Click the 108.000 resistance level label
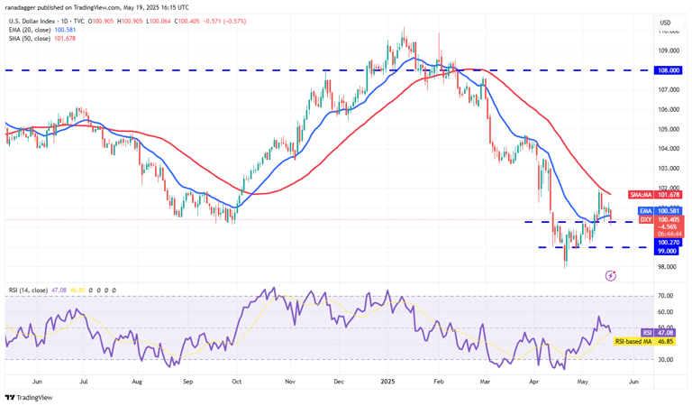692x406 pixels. pos(668,69)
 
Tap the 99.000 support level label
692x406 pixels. pos(668,252)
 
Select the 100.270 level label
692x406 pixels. pos(668,242)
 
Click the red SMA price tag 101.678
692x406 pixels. pos(668,194)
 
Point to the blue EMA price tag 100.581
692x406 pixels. pos(668,211)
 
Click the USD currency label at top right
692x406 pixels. pos(665,23)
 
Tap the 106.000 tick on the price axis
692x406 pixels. pos(668,109)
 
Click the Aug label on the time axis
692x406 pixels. pos(137,382)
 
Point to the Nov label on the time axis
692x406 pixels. pos(291,382)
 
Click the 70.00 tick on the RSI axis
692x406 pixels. pos(666,296)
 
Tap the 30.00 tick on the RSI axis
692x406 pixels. pos(666,359)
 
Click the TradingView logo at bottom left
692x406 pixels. pos(29,397)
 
